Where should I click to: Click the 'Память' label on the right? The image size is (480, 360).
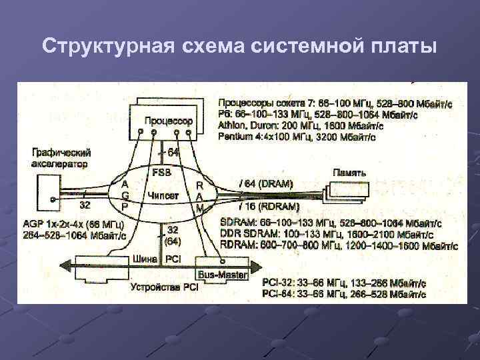click(349, 172)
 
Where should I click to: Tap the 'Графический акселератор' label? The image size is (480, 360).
click(60, 157)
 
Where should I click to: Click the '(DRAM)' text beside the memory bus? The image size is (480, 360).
click(273, 182)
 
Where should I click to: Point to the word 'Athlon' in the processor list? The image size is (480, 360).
click(233, 125)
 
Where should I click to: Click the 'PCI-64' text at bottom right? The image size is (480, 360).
click(279, 294)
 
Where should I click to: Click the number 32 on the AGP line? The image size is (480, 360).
click(85, 204)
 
